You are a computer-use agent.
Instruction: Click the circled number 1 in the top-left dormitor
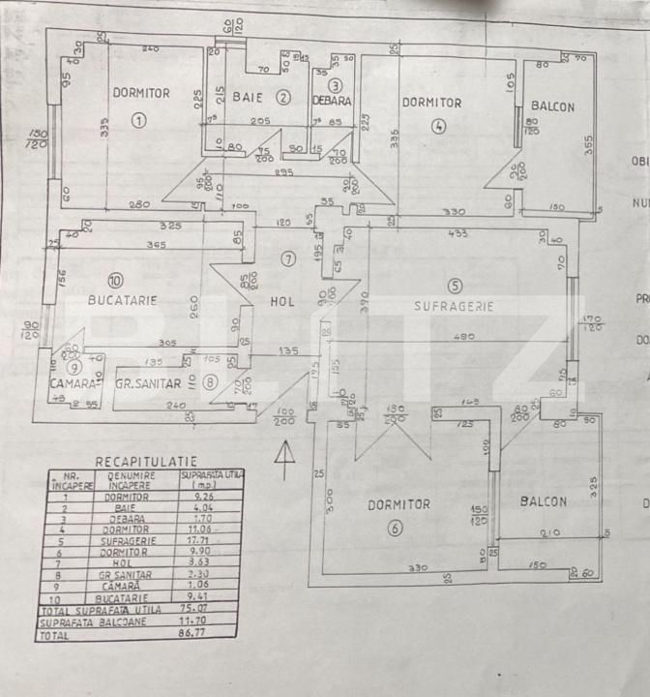click(x=138, y=121)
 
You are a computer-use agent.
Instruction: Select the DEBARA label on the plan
click(x=332, y=101)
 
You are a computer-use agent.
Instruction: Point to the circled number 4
click(x=440, y=124)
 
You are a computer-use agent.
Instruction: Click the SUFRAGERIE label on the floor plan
click(x=454, y=305)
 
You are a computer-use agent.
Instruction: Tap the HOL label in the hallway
click(x=281, y=302)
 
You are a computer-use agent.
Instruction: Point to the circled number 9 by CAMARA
click(x=73, y=367)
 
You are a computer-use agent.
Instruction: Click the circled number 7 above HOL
click(x=286, y=258)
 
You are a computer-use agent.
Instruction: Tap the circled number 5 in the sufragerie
click(x=455, y=286)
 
